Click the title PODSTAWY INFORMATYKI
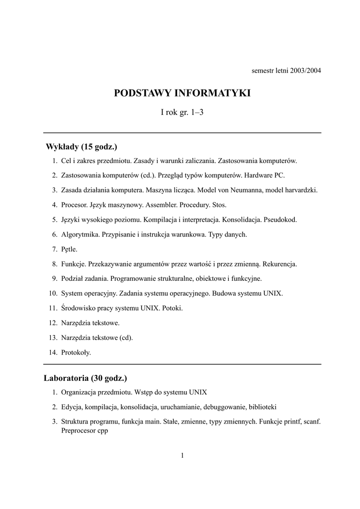coord(182,93)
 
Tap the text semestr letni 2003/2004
coord(286,70)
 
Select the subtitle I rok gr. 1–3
coord(182,112)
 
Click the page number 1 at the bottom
coord(182,455)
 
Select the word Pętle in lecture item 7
coord(70,249)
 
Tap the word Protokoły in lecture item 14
coord(76,352)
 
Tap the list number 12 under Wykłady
coord(53,323)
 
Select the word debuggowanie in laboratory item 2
coord(224,407)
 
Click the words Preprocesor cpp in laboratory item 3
coord(85,431)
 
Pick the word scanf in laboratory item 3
coord(311,422)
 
